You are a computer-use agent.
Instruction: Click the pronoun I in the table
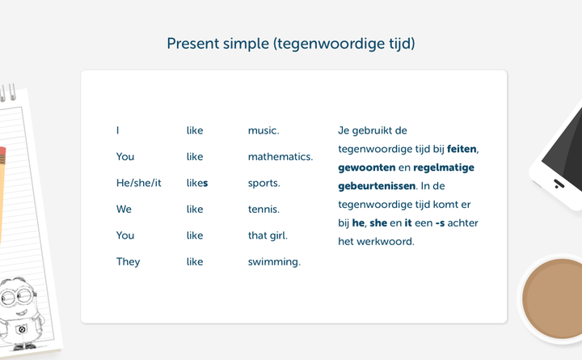click(x=118, y=130)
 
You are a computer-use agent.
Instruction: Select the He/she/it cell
click(x=139, y=183)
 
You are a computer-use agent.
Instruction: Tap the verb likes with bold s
click(x=197, y=183)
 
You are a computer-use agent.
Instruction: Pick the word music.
click(x=264, y=130)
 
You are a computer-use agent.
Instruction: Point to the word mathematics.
click(x=280, y=157)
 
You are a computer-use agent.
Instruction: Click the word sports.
click(x=264, y=183)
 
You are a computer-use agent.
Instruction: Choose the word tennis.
click(x=264, y=210)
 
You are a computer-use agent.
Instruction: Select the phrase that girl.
click(x=268, y=235)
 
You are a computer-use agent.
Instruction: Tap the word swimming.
click(x=274, y=262)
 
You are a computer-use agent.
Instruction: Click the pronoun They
click(x=128, y=262)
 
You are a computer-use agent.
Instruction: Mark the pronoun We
click(x=124, y=210)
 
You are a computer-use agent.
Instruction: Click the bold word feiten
click(x=462, y=149)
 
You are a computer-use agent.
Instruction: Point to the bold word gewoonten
click(x=367, y=168)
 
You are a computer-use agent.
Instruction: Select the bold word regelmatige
click(x=444, y=168)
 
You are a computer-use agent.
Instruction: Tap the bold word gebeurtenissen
click(x=377, y=186)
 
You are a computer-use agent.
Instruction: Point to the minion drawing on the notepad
click(x=20, y=313)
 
